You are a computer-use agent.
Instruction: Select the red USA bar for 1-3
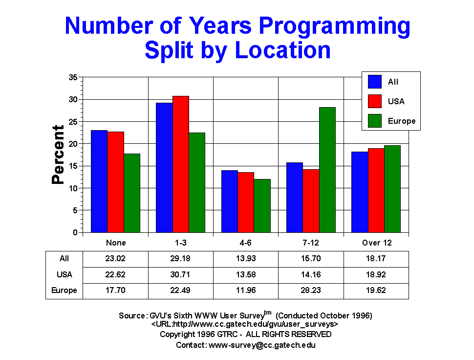coord(180,164)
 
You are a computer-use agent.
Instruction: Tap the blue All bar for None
coord(99,181)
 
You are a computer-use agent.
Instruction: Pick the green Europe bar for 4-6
coord(262,206)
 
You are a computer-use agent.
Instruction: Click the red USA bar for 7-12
coord(311,201)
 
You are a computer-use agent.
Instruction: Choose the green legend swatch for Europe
coord(375,120)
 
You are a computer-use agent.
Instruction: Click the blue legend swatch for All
coord(375,82)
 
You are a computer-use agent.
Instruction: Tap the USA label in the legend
coord(396,101)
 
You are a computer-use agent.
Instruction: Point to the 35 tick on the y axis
coord(74,77)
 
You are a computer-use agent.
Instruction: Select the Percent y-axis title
coord(58,155)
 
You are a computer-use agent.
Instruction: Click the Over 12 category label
coord(377,243)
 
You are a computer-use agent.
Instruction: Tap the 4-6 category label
coord(246,243)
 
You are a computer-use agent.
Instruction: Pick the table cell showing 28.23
coord(311,290)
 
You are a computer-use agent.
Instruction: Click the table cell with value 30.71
coord(180,274)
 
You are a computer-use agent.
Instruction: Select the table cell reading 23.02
coord(116,259)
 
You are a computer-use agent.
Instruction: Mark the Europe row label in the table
coord(64,290)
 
